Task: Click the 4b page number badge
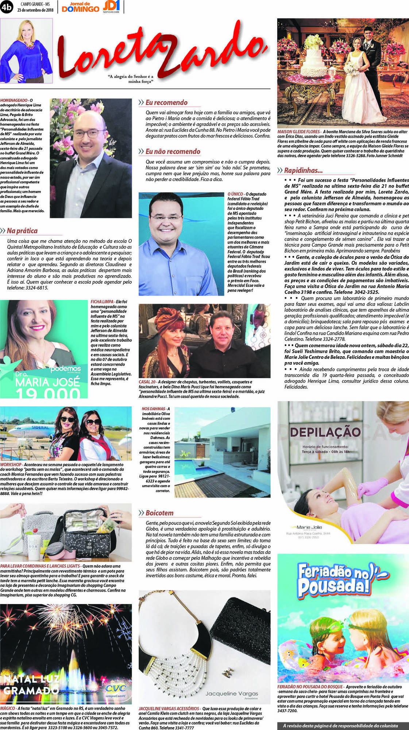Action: point(7,7)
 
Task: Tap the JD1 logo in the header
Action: point(111,6)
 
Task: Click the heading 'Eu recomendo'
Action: point(166,103)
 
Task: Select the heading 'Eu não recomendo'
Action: point(173,151)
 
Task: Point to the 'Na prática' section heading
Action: point(22,231)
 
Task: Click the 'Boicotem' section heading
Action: point(159,513)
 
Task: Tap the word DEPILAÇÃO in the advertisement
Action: point(325,432)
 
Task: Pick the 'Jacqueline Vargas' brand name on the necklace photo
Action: point(232,693)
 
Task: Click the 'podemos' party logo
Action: point(66,369)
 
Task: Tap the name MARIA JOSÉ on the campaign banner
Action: point(47,382)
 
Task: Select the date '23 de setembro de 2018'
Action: point(35,10)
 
